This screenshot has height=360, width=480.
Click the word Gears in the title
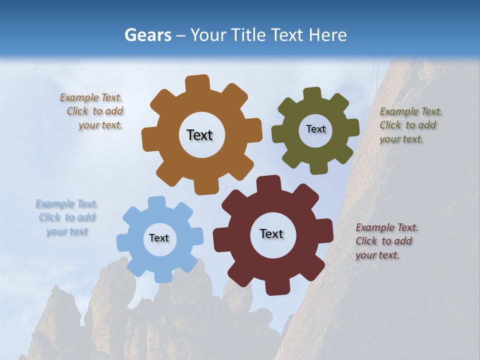(147, 35)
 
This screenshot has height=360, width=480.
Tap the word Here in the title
(327, 35)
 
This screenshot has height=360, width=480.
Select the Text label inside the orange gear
(199, 135)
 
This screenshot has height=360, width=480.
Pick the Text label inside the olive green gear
(315, 129)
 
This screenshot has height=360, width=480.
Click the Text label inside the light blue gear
(158, 238)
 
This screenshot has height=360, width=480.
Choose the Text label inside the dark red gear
(271, 233)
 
